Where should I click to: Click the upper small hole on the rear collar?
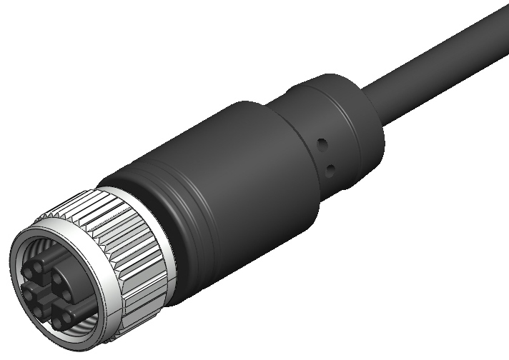point(322,143)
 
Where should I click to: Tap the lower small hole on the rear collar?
point(330,169)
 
